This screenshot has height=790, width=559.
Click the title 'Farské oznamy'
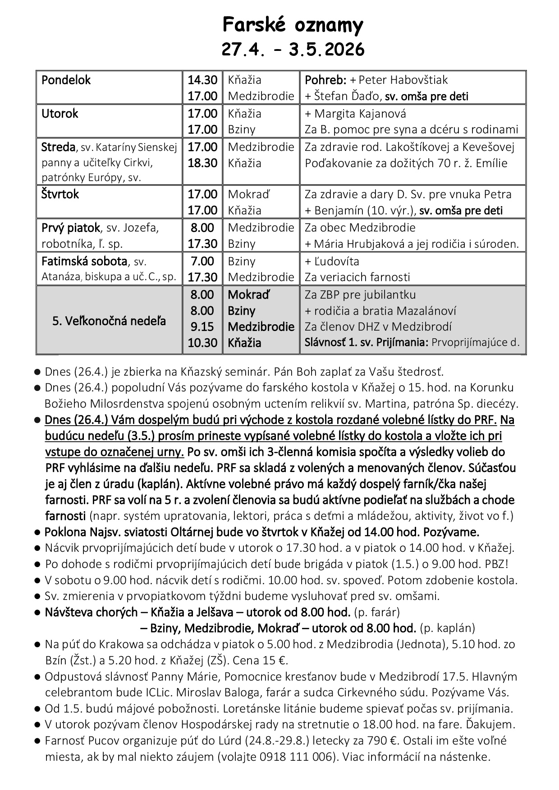(x=293, y=25)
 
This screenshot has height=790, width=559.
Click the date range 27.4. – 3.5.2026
(x=293, y=50)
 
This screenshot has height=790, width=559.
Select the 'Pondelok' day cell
(x=66, y=80)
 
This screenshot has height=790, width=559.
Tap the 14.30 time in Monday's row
(x=202, y=80)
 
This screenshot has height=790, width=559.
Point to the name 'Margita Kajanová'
(x=360, y=114)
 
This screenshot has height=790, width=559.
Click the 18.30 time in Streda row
(x=202, y=163)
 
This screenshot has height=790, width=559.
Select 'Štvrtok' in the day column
(x=60, y=195)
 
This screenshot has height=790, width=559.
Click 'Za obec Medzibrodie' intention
(x=360, y=228)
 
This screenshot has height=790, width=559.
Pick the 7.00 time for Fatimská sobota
(x=202, y=261)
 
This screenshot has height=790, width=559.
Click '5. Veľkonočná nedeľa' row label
(x=109, y=321)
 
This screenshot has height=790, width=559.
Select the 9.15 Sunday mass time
(x=202, y=327)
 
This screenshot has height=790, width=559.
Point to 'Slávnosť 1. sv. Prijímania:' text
(x=366, y=342)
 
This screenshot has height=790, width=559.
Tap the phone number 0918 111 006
(x=298, y=757)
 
